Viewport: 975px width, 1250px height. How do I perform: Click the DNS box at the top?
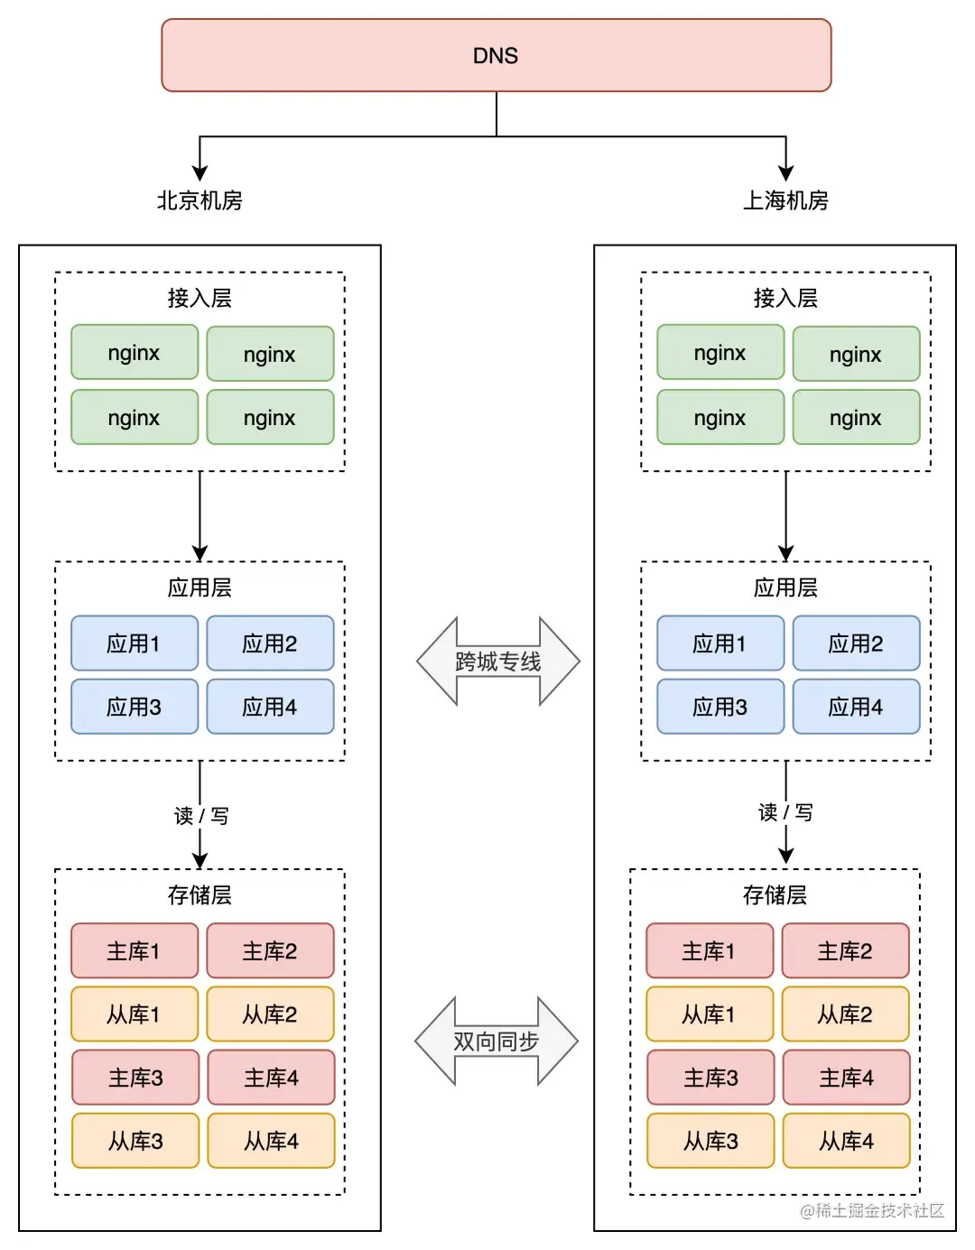496,56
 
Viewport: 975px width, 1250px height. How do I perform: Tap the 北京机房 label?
200,200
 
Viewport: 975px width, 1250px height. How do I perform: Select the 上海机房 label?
785,200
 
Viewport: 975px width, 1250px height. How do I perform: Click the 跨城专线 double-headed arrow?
497,662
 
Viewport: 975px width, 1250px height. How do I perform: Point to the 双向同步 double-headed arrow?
496,1042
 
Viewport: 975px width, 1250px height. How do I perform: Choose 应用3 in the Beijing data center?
135,707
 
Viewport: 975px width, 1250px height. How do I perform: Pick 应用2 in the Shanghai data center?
856,644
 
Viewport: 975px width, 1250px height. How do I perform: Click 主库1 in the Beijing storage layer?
135,951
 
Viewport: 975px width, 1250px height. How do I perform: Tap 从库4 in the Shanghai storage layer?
846,1141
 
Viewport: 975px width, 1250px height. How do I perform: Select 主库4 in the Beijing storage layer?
271,1078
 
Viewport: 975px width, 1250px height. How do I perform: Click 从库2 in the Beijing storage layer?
270,1014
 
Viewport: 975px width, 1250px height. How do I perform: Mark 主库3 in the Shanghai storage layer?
710,1078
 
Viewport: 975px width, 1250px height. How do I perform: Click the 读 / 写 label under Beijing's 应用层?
201,816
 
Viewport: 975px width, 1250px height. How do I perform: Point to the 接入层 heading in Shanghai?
785,298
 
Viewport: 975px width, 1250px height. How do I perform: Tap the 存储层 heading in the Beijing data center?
200,894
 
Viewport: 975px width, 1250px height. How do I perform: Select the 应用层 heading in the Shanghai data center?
785,588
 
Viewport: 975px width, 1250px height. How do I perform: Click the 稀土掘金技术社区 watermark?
872,1210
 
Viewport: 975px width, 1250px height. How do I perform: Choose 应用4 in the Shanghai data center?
856,707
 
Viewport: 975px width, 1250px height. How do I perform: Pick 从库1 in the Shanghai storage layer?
710,1014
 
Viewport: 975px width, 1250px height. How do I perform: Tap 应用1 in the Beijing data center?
135,644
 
